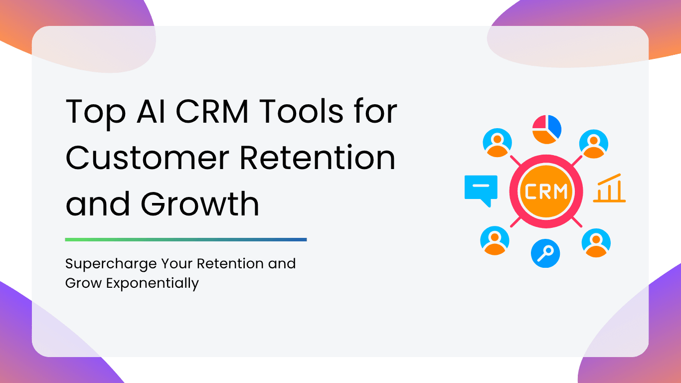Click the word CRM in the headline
pyautogui.click(x=212, y=111)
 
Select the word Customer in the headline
pyautogui.click(x=147, y=158)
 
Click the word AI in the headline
pyautogui.click(x=151, y=111)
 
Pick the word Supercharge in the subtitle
pyautogui.click(x=111, y=264)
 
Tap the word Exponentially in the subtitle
pyautogui.click(x=153, y=284)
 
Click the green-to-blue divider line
pyautogui.click(x=186, y=240)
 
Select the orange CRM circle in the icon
pyautogui.click(x=546, y=191)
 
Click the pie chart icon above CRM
pyautogui.click(x=546, y=129)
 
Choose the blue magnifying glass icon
pyautogui.click(x=545, y=253)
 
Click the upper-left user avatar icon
pyautogui.click(x=498, y=143)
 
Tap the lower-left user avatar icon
pyautogui.click(x=495, y=240)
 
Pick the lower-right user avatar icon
pyautogui.click(x=596, y=243)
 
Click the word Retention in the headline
pyautogui.click(x=318, y=158)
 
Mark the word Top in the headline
pyautogui.click(x=95, y=114)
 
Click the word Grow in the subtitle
pyautogui.click(x=84, y=283)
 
